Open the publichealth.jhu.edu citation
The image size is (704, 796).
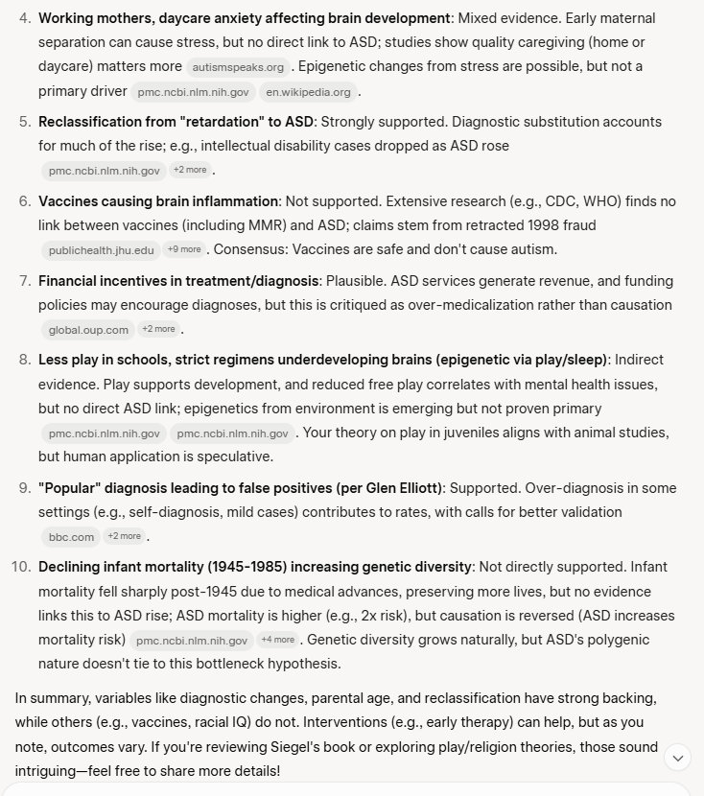click(101, 250)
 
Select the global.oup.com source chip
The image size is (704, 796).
click(88, 330)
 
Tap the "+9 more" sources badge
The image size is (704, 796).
click(184, 249)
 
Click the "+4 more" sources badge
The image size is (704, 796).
click(277, 640)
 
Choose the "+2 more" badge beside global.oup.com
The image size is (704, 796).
click(158, 329)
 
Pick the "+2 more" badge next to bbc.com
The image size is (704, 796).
click(124, 536)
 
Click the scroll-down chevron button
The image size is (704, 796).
click(678, 758)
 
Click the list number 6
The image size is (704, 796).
click(25, 201)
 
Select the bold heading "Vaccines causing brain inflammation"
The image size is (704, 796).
click(158, 201)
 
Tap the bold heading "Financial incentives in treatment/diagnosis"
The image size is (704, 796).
click(177, 281)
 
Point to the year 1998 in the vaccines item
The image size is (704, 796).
click(535, 225)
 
